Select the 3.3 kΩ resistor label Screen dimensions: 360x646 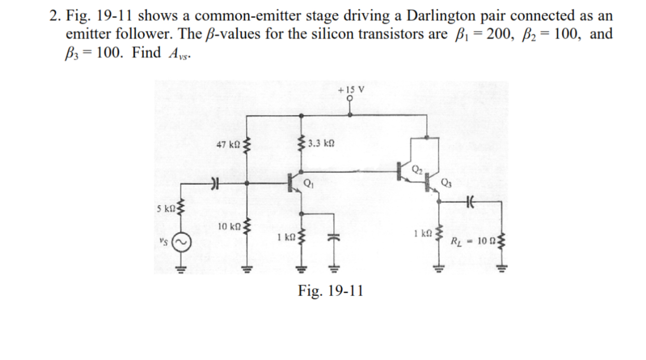click(x=321, y=143)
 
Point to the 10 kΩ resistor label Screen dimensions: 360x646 click(x=229, y=227)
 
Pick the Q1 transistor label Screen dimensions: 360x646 click(x=308, y=183)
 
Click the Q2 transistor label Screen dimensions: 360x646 click(x=417, y=168)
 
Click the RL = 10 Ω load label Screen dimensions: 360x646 click(x=472, y=243)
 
